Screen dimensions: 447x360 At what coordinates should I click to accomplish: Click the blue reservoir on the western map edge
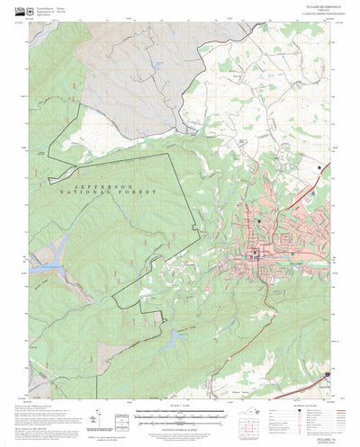coord(41,267)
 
